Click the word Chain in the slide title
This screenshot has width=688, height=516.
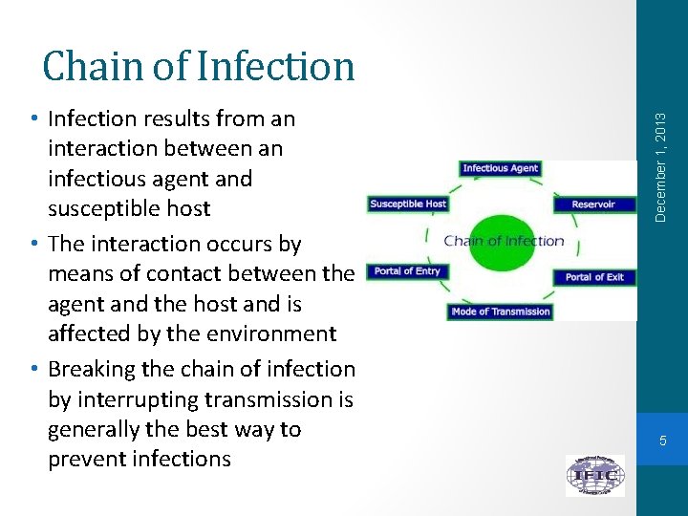tap(90, 66)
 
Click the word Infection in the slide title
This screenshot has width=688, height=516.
tap(278, 66)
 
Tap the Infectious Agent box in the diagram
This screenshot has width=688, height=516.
tap(500, 168)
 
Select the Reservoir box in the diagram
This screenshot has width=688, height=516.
tap(592, 204)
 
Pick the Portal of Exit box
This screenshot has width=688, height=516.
tap(593, 277)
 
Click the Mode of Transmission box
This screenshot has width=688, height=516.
tap(500, 312)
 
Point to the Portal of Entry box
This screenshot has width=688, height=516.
tap(407, 271)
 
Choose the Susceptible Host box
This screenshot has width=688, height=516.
tap(407, 204)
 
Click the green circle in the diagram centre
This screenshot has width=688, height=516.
tap(504, 241)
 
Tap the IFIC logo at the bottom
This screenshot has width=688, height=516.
tap(594, 475)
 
